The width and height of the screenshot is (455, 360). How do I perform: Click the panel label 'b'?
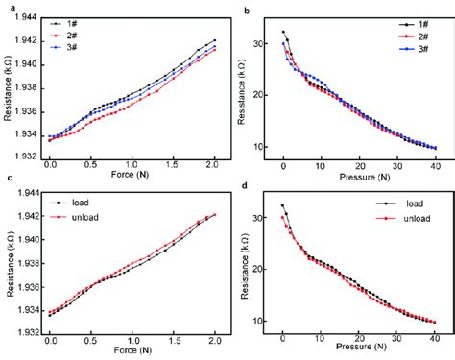click(x=247, y=9)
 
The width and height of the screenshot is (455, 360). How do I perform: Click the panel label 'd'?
click(x=247, y=185)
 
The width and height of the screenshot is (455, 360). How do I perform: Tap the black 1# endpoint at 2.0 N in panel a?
click(x=214, y=40)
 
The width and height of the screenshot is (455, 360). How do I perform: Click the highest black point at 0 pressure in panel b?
click(x=283, y=32)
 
